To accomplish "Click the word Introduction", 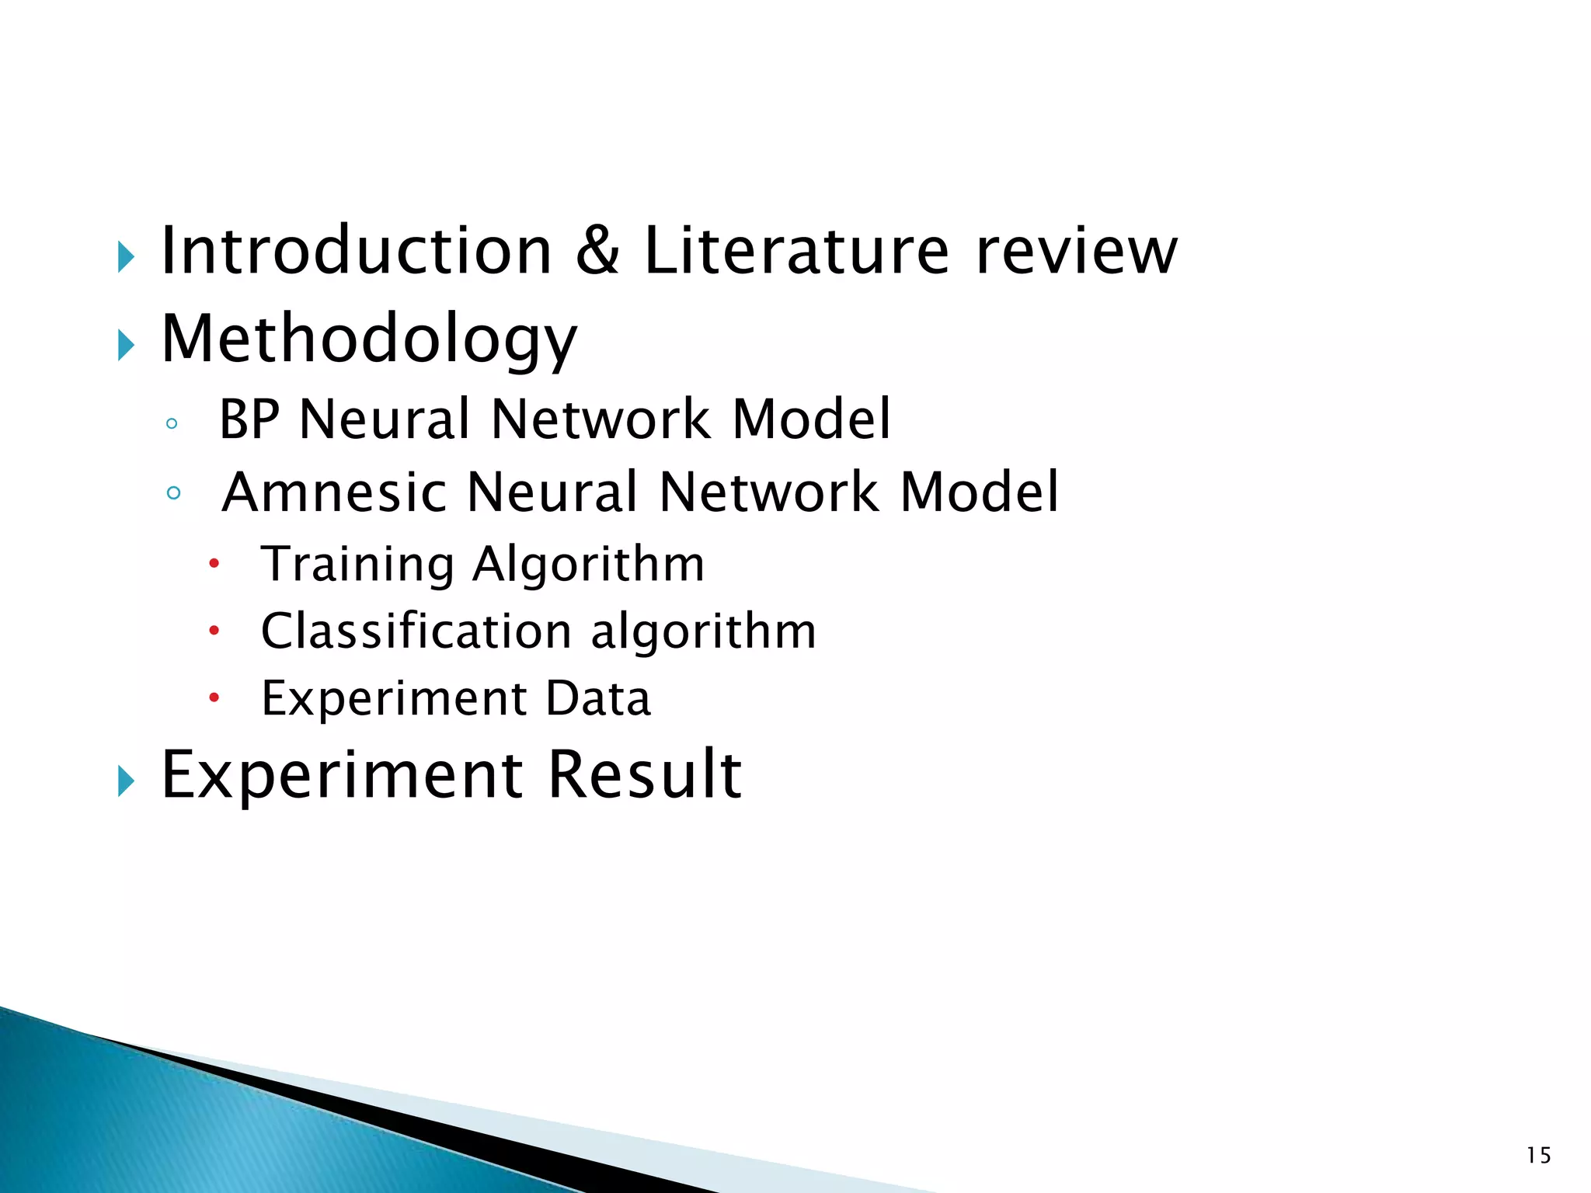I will (x=356, y=250).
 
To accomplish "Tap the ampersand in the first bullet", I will (x=597, y=250).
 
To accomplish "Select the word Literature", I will (x=796, y=250).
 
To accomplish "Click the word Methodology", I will (x=369, y=340).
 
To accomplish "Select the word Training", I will (x=357, y=565).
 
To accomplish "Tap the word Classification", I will (x=416, y=631).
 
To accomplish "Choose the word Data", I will (x=597, y=698).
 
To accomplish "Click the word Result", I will (x=645, y=774).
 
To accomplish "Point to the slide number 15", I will (x=1538, y=1156).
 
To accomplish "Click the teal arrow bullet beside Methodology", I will (x=126, y=344).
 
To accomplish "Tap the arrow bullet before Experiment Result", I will (x=126, y=780).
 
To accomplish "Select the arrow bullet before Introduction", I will (x=126, y=256).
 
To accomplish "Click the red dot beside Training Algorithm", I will (x=214, y=564).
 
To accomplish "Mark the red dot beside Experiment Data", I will (x=214, y=698).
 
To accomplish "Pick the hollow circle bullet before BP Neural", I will (x=172, y=424).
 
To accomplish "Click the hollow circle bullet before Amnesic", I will (x=173, y=492).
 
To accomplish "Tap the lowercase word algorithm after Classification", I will (x=703, y=631).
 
